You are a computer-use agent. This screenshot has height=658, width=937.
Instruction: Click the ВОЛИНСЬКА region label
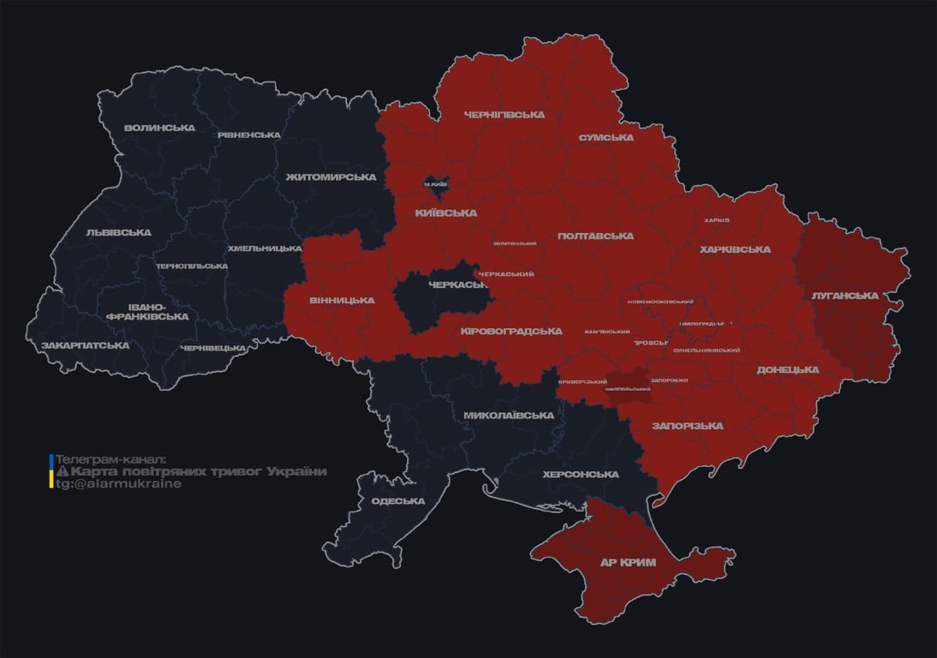pos(159,129)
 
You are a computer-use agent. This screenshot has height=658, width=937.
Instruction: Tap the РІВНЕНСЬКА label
pos(248,135)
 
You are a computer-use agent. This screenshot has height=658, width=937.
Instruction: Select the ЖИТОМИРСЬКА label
pos(331,177)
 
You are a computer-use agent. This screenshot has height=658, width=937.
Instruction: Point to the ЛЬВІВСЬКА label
pos(118,232)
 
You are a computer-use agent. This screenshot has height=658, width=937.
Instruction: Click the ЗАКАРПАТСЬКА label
pos(85,346)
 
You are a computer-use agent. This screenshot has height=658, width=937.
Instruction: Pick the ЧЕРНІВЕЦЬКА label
pos(213,349)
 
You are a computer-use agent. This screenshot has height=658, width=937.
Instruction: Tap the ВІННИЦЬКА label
pos(342,301)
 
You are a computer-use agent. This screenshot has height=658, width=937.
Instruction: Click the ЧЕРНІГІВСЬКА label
pos(504,115)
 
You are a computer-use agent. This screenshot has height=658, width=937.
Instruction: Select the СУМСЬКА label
pos(606,138)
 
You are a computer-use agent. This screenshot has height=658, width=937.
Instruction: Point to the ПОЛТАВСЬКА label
pos(595,236)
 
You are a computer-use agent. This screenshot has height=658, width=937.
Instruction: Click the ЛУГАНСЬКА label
pos(844,296)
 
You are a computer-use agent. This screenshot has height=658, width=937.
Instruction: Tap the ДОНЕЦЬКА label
pos(787,370)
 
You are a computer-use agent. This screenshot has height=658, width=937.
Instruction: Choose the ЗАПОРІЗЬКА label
pos(687,426)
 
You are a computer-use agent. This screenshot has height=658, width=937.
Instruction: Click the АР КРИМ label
pos(627,563)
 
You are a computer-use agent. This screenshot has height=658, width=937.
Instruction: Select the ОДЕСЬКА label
pos(398,501)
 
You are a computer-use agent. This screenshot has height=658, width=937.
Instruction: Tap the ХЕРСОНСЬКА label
pos(580,475)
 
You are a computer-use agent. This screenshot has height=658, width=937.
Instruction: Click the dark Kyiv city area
pos(435,182)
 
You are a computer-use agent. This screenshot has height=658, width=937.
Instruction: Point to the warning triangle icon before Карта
pos(62,472)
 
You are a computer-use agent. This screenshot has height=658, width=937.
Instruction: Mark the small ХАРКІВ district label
pos(716,220)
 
